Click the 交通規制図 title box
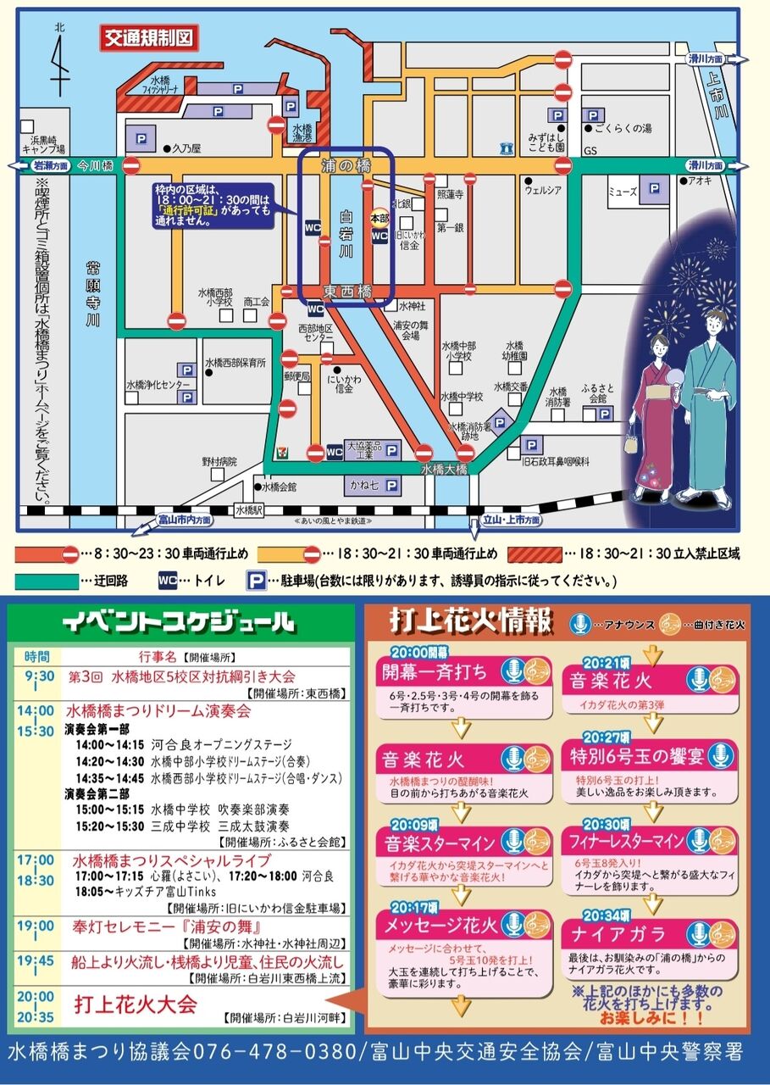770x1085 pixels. (x=149, y=37)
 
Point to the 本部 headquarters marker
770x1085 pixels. (x=379, y=217)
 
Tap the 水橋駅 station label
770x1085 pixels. (x=251, y=509)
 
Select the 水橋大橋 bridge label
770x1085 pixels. (x=444, y=469)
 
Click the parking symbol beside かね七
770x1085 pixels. (x=391, y=486)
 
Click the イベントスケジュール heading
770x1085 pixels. (x=179, y=623)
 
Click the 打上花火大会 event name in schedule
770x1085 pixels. (x=136, y=1004)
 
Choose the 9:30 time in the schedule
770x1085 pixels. (x=37, y=676)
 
